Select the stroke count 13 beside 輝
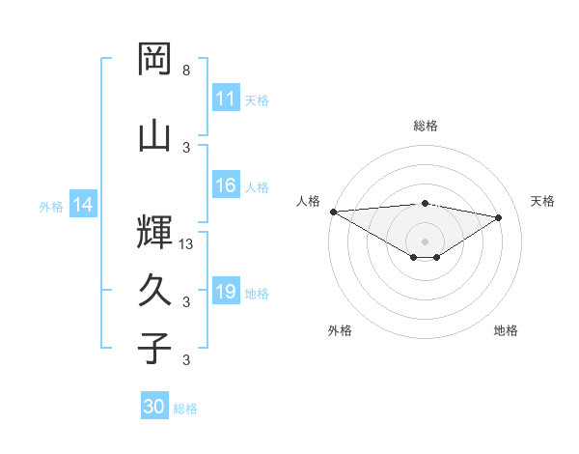coord(187,244)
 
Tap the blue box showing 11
coord(226,99)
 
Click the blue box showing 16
coord(226,186)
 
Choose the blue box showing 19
coord(226,293)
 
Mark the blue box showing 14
coord(83,205)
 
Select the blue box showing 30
coord(154,407)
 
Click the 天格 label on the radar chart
coord(543,201)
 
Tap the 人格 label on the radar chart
coord(309,201)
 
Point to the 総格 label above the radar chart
coord(426,126)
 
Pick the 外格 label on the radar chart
coord(340,330)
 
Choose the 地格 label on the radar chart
coord(506,330)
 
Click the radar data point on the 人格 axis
coord(333,211)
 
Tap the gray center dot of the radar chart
coord(425,240)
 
